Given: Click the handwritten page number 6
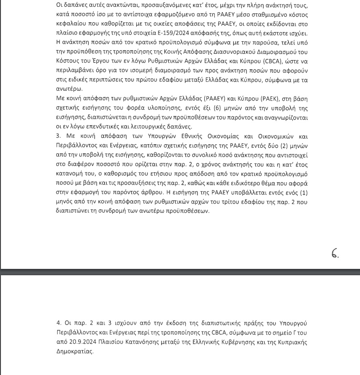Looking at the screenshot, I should (335, 253).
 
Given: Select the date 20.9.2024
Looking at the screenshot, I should (75, 342).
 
